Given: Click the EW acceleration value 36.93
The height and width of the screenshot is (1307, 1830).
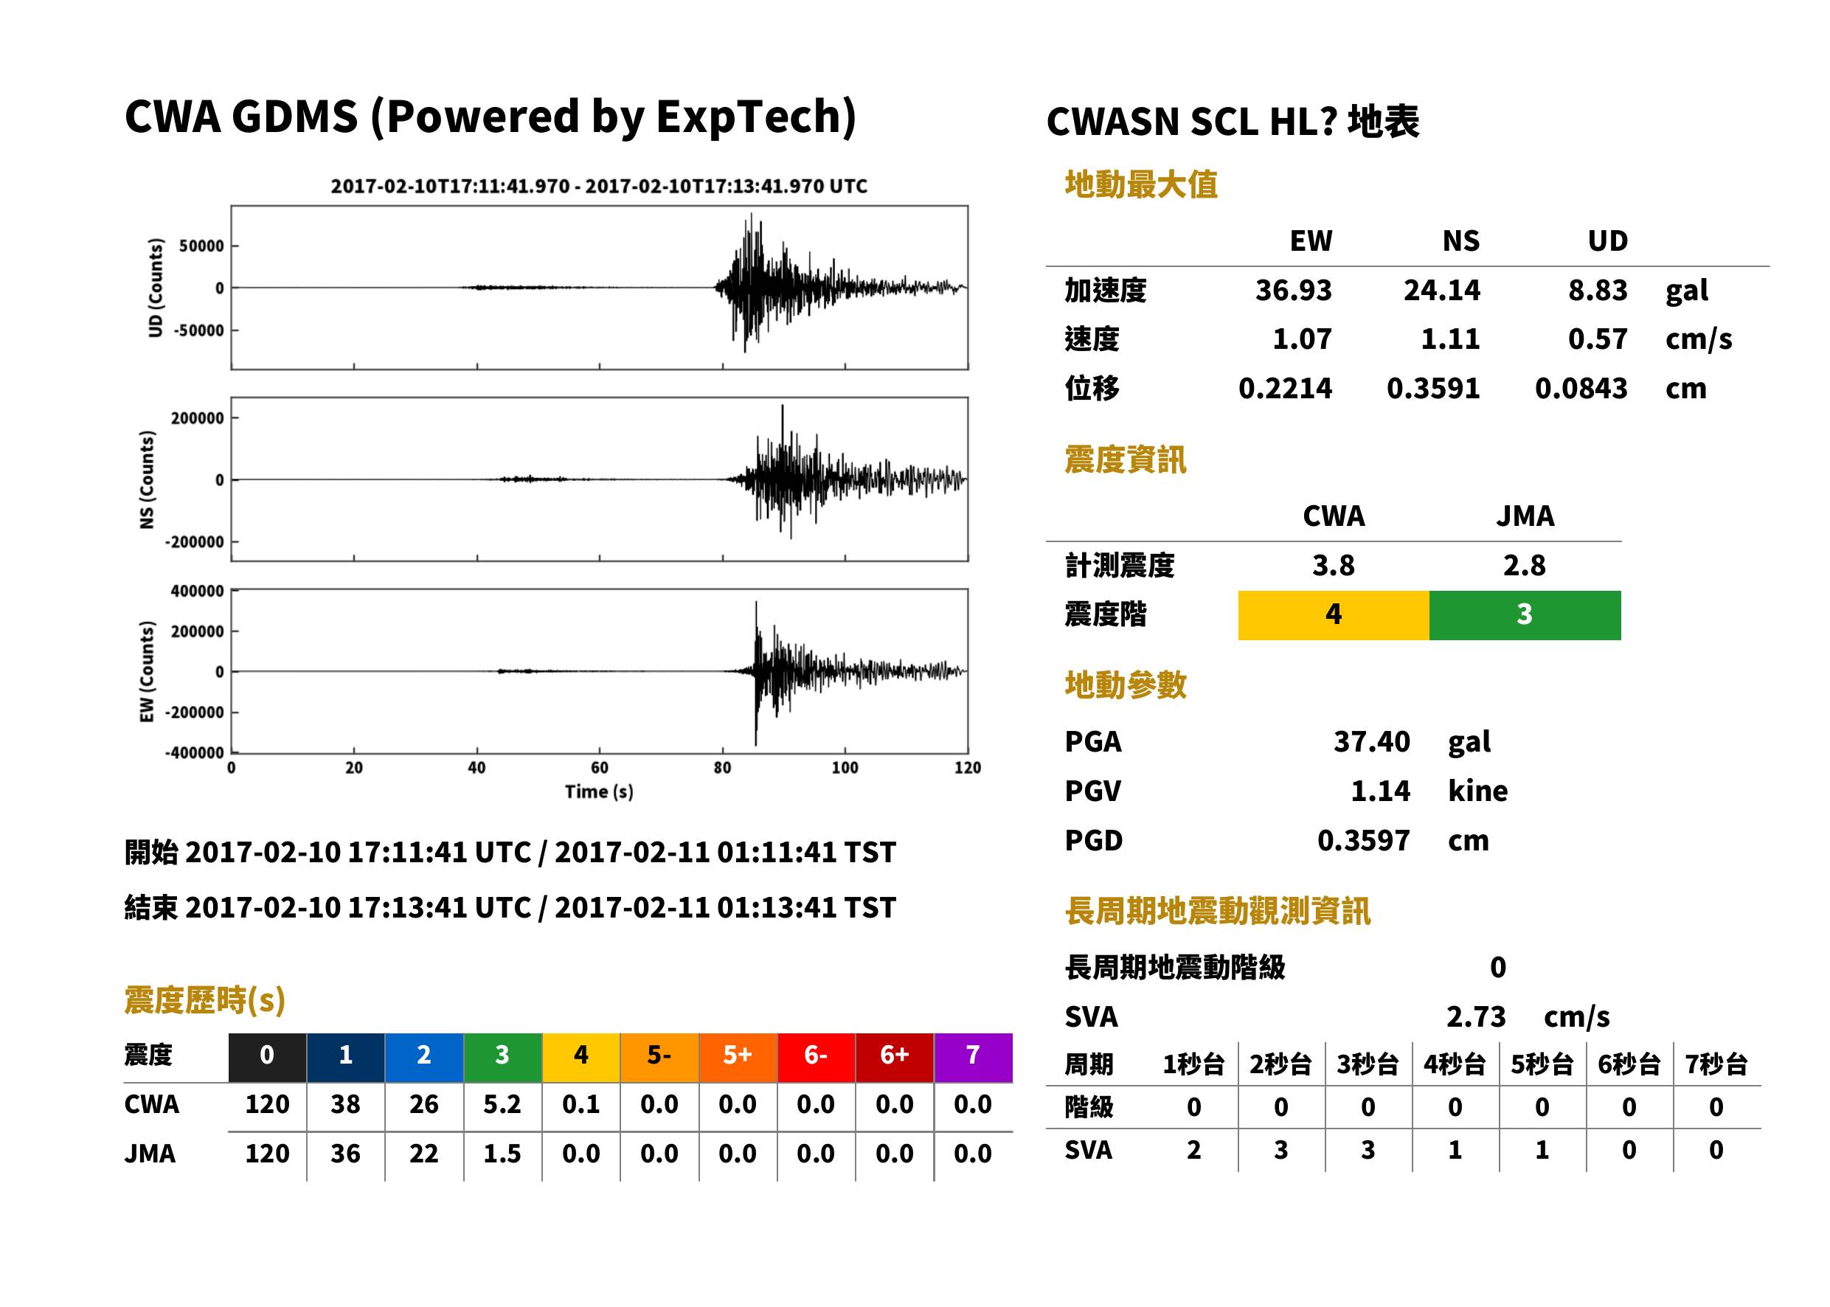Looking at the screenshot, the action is (x=1292, y=290).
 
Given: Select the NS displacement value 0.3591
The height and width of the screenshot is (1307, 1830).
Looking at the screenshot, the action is (x=1432, y=388).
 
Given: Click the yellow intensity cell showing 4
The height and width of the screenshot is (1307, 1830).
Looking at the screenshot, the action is (x=1334, y=615).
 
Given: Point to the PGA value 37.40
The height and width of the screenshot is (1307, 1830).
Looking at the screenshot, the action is (x=1371, y=741).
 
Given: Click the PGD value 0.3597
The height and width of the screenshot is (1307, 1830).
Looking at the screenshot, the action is (x=1363, y=840).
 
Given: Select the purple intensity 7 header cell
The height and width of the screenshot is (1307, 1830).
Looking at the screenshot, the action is (x=973, y=1057).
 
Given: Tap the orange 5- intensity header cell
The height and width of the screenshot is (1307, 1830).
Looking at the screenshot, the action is (x=659, y=1057).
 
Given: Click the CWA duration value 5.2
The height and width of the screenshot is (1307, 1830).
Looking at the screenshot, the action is (x=502, y=1104).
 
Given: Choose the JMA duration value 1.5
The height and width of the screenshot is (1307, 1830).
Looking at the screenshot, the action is (x=502, y=1154).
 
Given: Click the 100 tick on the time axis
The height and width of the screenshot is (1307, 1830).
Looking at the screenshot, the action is (x=845, y=768).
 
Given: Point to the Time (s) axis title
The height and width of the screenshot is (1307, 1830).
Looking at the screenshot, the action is (x=599, y=792).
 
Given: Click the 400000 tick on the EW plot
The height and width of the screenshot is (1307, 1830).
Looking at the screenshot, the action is (x=197, y=591).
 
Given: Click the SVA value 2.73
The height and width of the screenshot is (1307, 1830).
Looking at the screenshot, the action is (x=1475, y=1016).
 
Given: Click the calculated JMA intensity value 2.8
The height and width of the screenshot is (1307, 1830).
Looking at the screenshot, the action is (x=1524, y=565).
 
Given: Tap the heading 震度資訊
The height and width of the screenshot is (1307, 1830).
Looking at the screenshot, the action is (x=1125, y=460).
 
